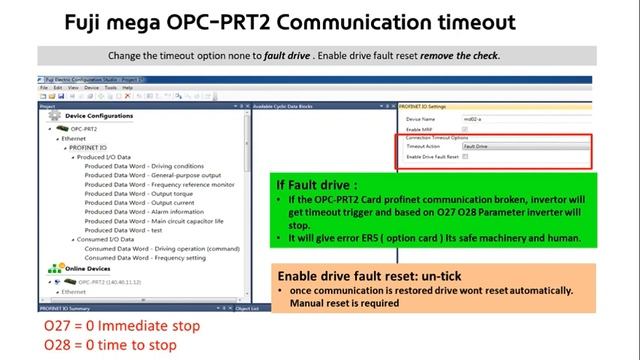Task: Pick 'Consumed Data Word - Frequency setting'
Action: (x=151, y=257)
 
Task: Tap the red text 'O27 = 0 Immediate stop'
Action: (x=108, y=326)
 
